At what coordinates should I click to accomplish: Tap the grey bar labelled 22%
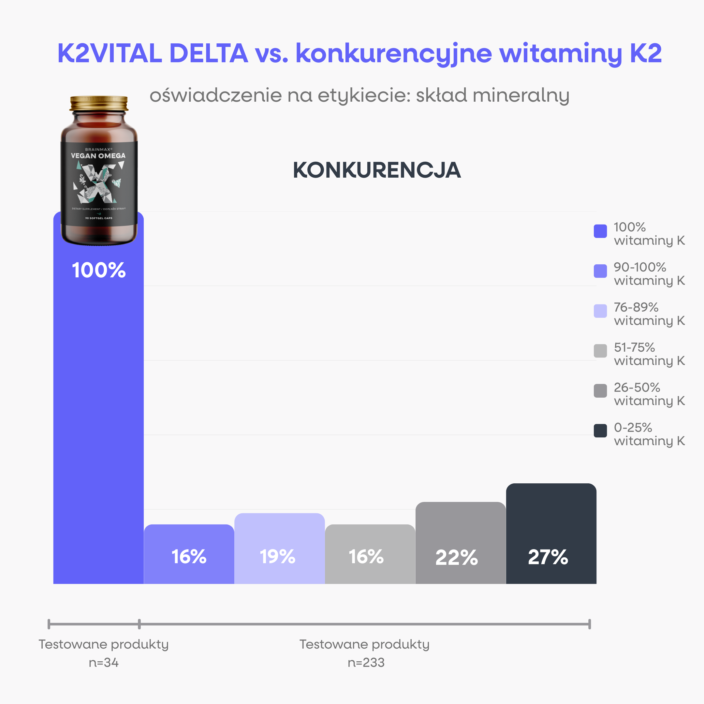pyautogui.click(x=461, y=543)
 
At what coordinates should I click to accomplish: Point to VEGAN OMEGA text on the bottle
pyautogui.click(x=98, y=155)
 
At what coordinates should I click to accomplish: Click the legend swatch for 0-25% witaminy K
pyautogui.click(x=600, y=430)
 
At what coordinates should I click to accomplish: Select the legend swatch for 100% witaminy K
pyautogui.click(x=600, y=231)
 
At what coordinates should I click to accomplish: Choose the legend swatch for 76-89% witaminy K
pyautogui.click(x=600, y=311)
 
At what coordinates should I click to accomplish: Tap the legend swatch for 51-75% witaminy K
pyautogui.click(x=600, y=351)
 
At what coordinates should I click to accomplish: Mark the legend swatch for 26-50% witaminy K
pyautogui.click(x=600, y=391)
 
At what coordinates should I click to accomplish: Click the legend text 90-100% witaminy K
pyautogui.click(x=649, y=274)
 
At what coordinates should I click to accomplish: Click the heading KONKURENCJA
pyautogui.click(x=377, y=170)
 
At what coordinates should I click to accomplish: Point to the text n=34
pyautogui.click(x=104, y=663)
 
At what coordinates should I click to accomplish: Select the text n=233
pyautogui.click(x=366, y=663)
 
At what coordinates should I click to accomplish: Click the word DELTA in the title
pyautogui.click(x=209, y=53)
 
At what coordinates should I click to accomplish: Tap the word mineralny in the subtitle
pyautogui.click(x=521, y=95)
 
